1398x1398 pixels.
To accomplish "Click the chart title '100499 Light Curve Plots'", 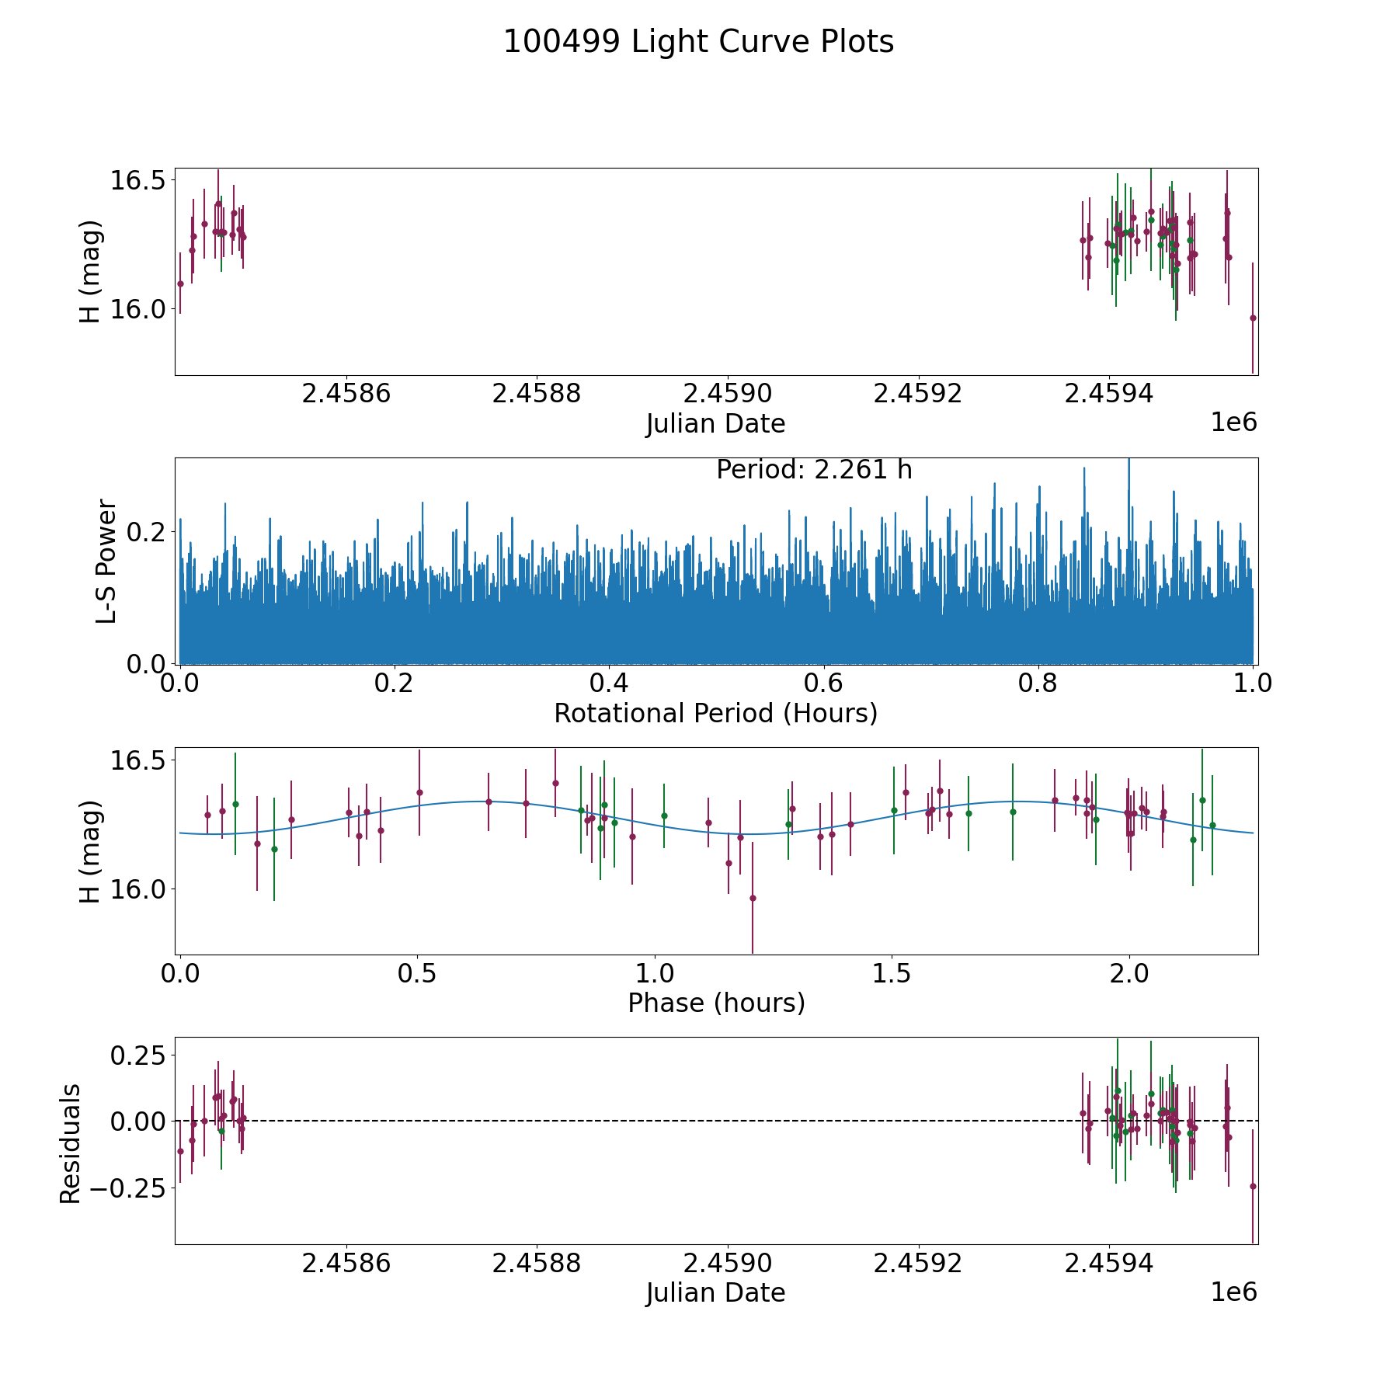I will tap(698, 42).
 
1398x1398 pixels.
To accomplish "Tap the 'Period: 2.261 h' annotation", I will tap(813, 470).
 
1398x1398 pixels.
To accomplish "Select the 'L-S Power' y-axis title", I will tap(106, 561).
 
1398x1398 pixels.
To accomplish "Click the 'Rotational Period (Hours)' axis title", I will tap(715, 713).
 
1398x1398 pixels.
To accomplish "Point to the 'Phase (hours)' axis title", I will tap(715, 1003).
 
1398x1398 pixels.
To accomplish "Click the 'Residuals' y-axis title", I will tap(71, 1143).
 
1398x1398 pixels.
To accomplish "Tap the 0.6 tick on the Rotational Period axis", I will tap(823, 683).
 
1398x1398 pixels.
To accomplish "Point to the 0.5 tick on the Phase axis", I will tap(417, 973).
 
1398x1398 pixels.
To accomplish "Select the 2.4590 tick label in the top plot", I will tap(729, 394).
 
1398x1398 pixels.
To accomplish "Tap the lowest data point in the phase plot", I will tap(752, 898).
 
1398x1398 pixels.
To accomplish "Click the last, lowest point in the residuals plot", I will tap(1252, 1186).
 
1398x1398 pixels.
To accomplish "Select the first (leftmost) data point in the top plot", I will tap(180, 283).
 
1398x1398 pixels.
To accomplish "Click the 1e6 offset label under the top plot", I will tap(1233, 423).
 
